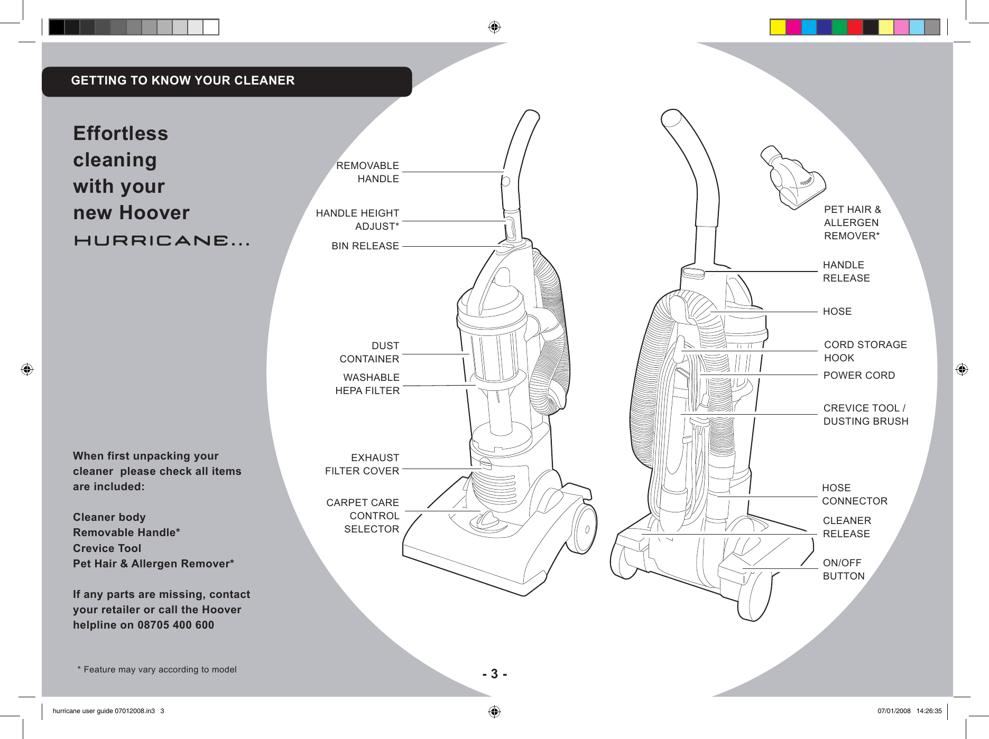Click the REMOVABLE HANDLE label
click(x=368, y=172)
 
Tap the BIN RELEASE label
click(x=365, y=246)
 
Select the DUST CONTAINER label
click(x=369, y=352)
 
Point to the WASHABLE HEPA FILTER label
click(x=368, y=384)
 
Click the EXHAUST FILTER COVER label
click(x=363, y=464)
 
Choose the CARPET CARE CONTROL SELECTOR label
click(x=363, y=516)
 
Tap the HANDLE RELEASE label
click(x=846, y=272)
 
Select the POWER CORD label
click(x=859, y=376)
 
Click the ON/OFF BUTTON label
click(x=844, y=569)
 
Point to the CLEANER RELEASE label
click(x=847, y=527)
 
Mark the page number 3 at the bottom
click(x=494, y=674)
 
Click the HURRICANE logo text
click(x=161, y=241)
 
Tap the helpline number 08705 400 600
click(x=175, y=625)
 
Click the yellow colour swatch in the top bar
click(x=778, y=27)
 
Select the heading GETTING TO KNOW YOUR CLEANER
click(x=183, y=81)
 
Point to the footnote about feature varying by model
click(x=157, y=670)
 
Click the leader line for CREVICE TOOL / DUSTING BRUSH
click(x=751, y=415)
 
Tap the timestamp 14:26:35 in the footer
click(x=929, y=711)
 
